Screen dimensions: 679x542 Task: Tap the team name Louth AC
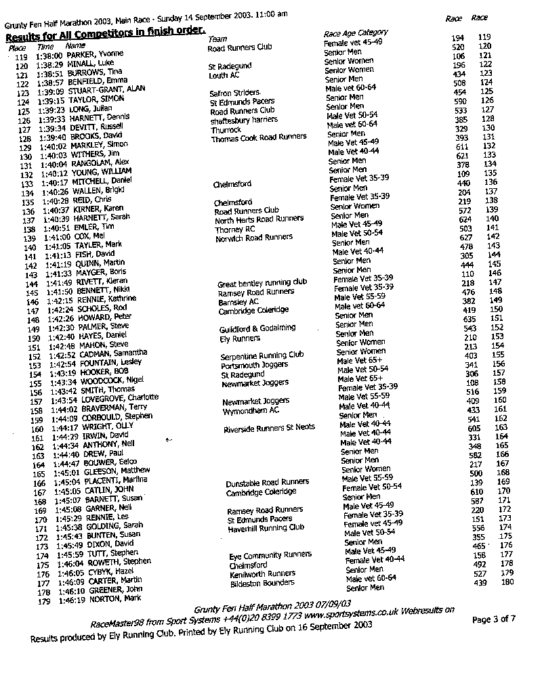pyautogui.click(x=224, y=75)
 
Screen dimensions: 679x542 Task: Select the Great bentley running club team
pyautogui.click(x=262, y=283)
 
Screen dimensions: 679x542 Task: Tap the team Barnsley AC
pyautogui.click(x=238, y=301)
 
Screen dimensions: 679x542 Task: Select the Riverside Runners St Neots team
pyautogui.click(x=268, y=429)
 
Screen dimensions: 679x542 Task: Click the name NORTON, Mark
pyautogui.click(x=103, y=599)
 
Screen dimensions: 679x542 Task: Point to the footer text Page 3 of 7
pyautogui.click(x=493, y=619)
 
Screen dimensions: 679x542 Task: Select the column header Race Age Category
pyautogui.click(x=356, y=33)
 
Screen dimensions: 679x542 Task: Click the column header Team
pyautogui.click(x=217, y=39)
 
